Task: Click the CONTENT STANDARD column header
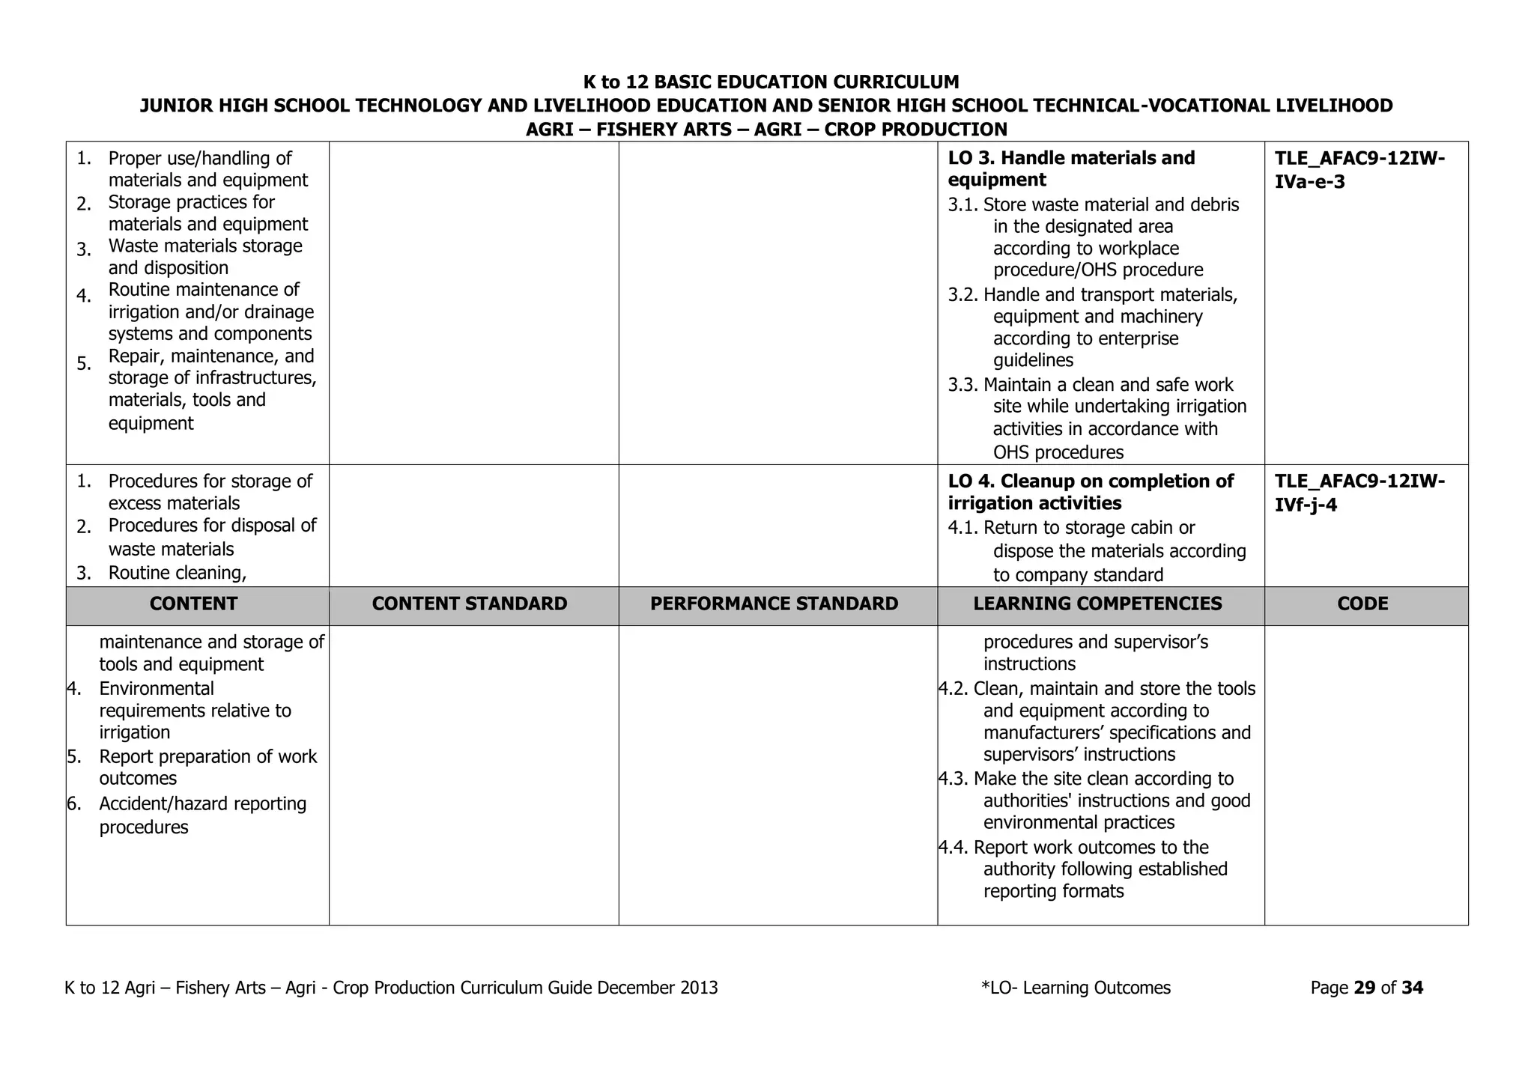[470, 604]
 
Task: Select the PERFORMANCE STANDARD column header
[774, 604]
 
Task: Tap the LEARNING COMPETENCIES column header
[1097, 604]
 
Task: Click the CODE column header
[1362, 604]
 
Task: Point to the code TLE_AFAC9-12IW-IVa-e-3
[1359, 170]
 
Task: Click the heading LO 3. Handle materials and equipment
[1071, 169]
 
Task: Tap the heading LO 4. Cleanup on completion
[1091, 492]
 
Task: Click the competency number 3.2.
[963, 295]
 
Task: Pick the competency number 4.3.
[954, 779]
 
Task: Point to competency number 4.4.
[954, 848]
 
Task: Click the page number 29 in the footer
[1365, 988]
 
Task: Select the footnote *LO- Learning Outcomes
[1076, 988]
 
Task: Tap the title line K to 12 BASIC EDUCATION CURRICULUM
[771, 82]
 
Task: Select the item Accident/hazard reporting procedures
[202, 815]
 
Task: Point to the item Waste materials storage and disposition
[204, 257]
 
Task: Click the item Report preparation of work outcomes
[207, 768]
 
